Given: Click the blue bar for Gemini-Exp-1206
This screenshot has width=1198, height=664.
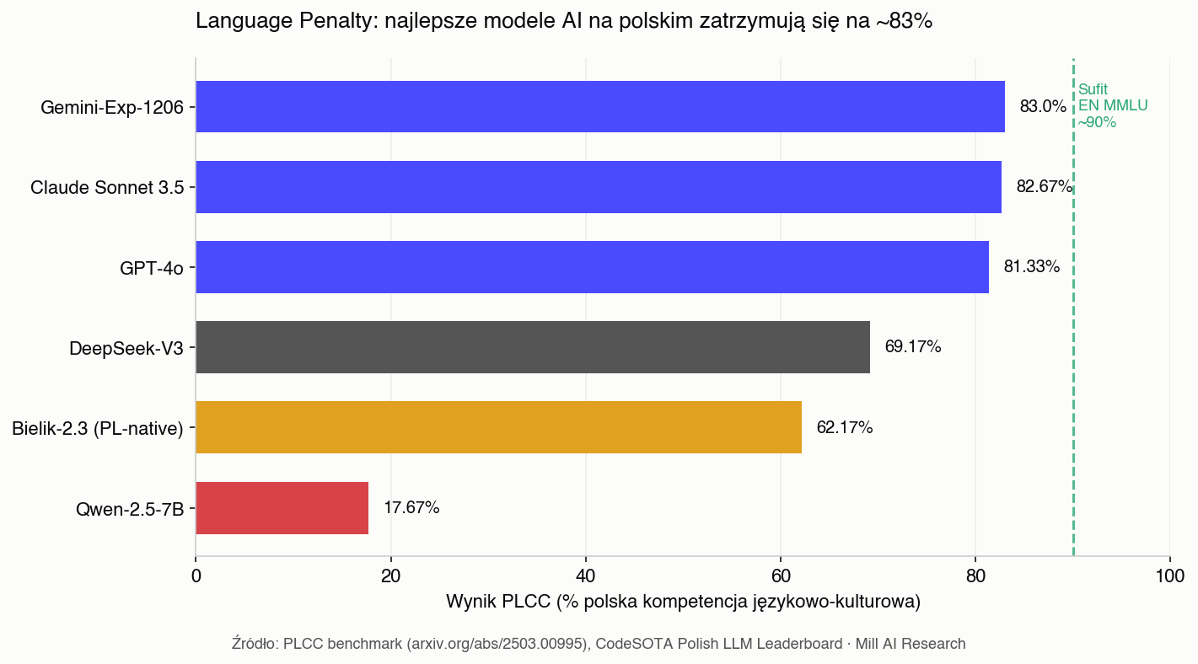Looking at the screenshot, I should click(599, 107).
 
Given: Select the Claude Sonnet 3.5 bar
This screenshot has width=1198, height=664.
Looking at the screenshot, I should click(598, 187).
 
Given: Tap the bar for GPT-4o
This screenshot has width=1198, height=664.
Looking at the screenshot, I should click(592, 267).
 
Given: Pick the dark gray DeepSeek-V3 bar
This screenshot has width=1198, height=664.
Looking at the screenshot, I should click(532, 347).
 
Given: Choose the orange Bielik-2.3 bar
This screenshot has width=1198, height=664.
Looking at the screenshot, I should click(498, 427).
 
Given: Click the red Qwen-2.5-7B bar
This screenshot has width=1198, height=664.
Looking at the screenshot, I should click(282, 508).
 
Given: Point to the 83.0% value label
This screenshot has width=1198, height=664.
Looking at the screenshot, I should click(1043, 107).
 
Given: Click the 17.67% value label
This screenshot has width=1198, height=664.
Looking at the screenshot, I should click(411, 508).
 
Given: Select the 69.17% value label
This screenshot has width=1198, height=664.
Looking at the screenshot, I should click(912, 347).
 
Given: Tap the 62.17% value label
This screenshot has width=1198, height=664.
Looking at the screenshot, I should click(844, 428).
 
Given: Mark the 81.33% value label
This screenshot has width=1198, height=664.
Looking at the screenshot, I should click(1031, 267).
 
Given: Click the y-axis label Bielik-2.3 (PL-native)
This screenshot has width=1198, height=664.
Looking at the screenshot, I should click(98, 428).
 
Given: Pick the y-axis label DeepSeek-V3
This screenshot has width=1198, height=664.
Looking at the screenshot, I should click(126, 348).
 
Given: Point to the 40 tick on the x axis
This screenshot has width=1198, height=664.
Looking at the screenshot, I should click(585, 576).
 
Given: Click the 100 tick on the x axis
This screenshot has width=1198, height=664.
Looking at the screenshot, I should click(1169, 576).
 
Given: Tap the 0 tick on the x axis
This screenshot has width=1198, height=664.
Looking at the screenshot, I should click(196, 576).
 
